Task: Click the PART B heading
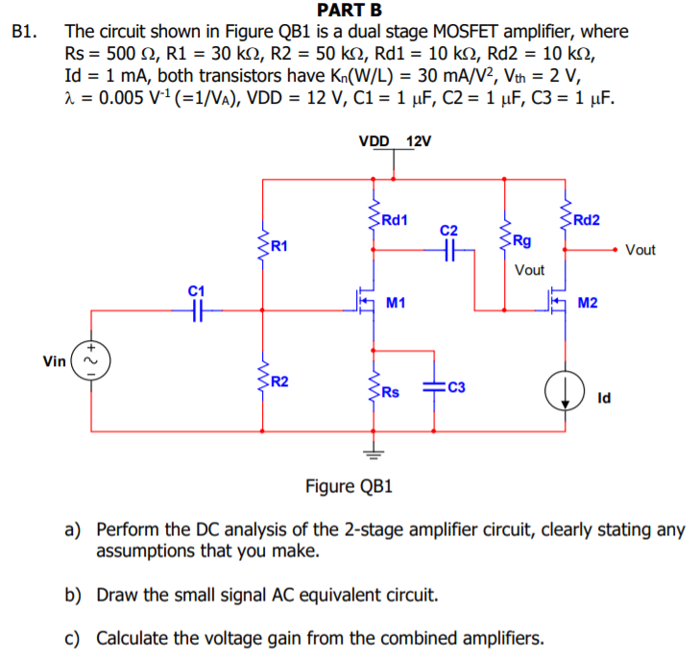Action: (349, 11)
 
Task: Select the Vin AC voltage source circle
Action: (92, 362)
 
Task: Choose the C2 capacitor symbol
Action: (448, 249)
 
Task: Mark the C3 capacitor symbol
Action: (434, 386)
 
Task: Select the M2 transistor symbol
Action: (557, 305)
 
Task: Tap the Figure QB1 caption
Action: (349, 486)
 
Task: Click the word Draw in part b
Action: (119, 595)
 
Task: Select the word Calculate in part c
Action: (134, 637)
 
